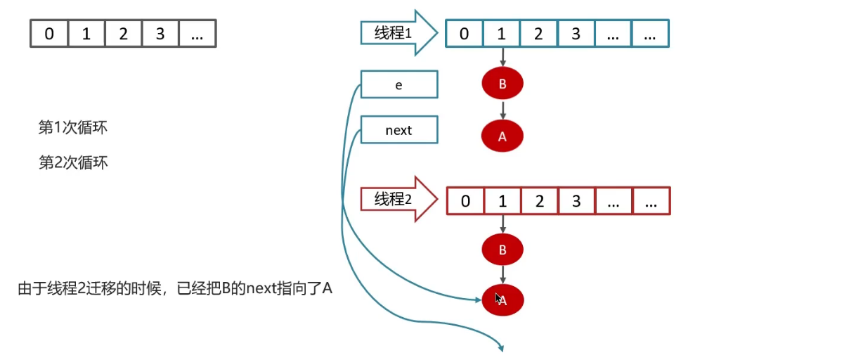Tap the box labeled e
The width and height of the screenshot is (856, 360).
pos(398,84)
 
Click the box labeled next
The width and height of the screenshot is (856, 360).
pos(398,130)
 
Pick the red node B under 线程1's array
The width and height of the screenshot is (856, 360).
pos(502,84)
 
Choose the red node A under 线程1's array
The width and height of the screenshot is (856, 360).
pos(502,136)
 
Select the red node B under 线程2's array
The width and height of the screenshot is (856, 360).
pos(502,249)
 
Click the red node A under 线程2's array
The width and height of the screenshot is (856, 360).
pos(502,300)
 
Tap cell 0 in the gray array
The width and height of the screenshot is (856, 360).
pos(49,33)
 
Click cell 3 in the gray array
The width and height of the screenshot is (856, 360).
pos(160,33)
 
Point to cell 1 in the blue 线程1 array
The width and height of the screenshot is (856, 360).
pos(502,33)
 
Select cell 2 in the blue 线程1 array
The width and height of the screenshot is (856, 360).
pos(538,33)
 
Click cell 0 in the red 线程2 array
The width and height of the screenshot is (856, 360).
pos(465,200)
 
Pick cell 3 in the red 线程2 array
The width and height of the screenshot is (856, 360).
pos(576,200)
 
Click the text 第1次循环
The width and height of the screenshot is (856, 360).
pos(73,128)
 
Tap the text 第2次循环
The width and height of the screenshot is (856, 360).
pos(73,162)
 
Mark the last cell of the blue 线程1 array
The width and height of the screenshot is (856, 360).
pos(650,33)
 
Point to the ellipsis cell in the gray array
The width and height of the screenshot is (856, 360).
pos(197,33)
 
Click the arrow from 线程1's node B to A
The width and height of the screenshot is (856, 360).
pos(502,110)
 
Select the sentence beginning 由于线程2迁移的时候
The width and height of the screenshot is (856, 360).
pos(174,288)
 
